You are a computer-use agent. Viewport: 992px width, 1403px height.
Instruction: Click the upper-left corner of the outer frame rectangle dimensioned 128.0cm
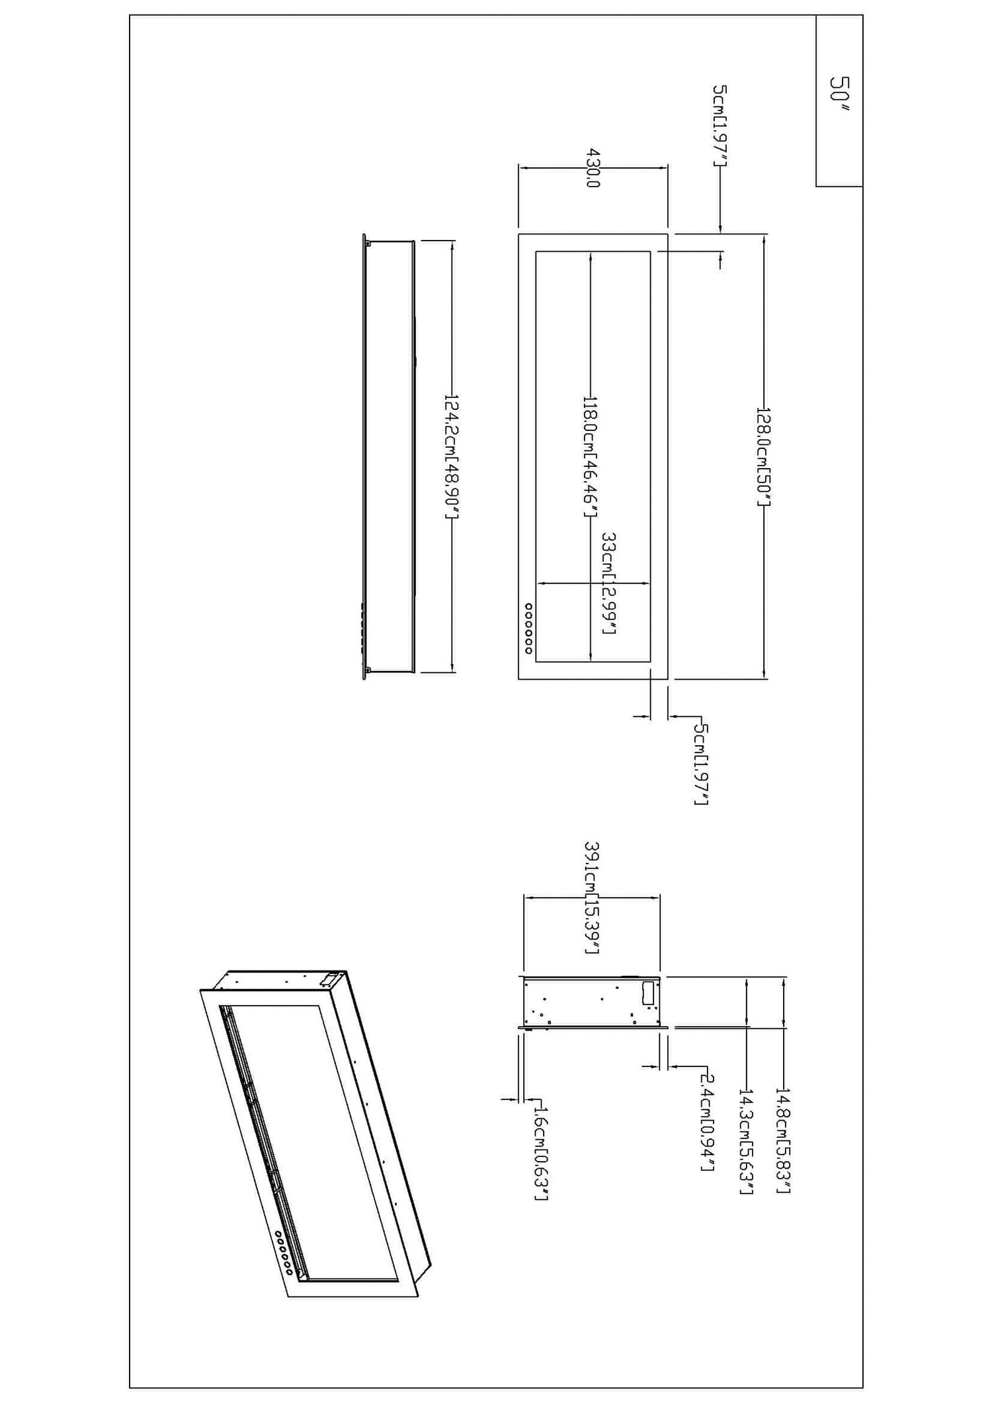coord(518,234)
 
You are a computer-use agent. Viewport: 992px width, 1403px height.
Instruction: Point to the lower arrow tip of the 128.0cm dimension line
coord(765,678)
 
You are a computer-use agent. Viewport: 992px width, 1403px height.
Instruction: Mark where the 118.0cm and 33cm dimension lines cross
coord(590,584)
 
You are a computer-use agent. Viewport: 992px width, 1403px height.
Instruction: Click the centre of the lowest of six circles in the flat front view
coord(528,651)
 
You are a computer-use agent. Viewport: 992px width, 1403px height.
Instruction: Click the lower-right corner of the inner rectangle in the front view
coord(651,662)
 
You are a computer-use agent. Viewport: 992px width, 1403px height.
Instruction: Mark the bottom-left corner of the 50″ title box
coord(816,186)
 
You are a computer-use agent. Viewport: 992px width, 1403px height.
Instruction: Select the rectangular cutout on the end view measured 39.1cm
coord(649,994)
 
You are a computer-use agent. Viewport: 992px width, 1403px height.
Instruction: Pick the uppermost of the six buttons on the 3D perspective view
coord(278,1234)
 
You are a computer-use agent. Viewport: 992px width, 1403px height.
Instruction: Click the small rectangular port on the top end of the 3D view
coord(329,977)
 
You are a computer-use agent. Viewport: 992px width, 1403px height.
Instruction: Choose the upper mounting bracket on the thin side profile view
coord(368,243)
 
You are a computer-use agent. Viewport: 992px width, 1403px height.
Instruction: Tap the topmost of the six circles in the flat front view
coord(528,605)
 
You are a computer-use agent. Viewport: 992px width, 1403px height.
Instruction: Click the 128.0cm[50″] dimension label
coord(764,458)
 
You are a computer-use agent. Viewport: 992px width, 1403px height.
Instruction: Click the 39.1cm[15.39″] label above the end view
coord(593,898)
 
